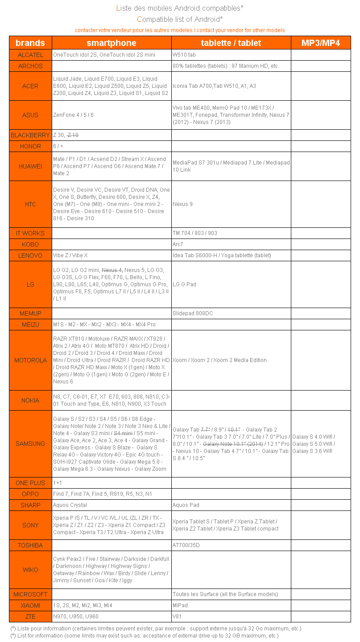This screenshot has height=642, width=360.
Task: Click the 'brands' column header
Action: (30, 43)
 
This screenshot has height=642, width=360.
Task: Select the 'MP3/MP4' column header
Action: (321, 43)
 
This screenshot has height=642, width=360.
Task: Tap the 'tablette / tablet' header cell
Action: (231, 43)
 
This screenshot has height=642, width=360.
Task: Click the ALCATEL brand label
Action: (30, 55)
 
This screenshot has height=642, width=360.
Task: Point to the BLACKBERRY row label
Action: (30, 135)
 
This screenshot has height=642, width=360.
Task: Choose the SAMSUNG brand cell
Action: (30, 444)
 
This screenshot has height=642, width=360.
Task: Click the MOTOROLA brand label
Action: (30, 360)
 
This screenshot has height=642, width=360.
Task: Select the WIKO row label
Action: (30, 570)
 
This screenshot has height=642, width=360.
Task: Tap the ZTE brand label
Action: (30, 617)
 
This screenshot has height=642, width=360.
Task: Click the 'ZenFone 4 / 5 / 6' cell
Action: (74, 115)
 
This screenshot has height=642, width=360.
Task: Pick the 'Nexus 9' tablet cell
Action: (183, 204)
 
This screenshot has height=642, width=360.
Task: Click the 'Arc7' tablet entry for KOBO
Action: (178, 244)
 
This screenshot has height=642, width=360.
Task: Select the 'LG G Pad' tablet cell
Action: (185, 284)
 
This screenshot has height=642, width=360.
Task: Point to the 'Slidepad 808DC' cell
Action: (193, 313)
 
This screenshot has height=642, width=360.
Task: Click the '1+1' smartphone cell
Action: (58, 483)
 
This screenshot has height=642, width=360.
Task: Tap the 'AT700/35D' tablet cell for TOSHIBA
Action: (186, 545)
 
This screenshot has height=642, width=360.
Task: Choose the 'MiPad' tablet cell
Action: (180, 605)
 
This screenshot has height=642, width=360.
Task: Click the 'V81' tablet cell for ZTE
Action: (177, 617)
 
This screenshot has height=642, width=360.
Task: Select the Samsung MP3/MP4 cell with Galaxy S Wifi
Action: (314, 444)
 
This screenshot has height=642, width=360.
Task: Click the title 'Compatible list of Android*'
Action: (180, 19)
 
